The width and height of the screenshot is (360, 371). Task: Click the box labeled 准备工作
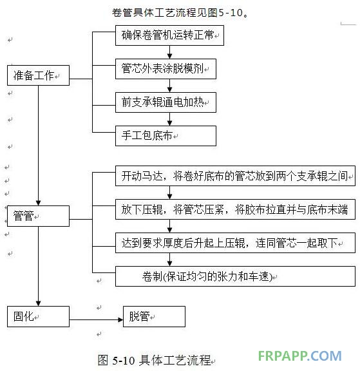point(38,75)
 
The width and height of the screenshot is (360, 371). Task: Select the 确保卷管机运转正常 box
point(169,35)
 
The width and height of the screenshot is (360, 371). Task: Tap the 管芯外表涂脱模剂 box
point(166,69)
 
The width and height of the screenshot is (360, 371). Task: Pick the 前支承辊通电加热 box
point(166,102)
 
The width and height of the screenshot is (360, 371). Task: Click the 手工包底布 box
point(166,136)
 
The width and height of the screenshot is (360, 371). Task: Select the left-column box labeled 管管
point(38,216)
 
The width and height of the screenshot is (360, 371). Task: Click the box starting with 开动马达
point(235,176)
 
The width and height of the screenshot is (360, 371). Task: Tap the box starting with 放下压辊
point(235,209)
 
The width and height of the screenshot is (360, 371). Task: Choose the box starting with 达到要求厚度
point(235,243)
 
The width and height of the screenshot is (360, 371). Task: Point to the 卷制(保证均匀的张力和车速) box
point(235,276)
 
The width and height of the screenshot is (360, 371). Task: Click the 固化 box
point(38,317)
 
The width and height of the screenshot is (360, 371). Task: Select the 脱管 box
point(154,317)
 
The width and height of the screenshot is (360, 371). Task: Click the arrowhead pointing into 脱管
point(120,319)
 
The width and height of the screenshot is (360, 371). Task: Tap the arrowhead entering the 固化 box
point(38,303)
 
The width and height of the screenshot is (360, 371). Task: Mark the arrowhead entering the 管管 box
point(38,203)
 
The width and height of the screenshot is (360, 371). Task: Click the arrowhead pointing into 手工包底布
point(169,123)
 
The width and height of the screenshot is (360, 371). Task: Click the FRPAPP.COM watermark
point(299,356)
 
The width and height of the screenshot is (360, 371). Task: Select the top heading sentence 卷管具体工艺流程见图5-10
point(180,13)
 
